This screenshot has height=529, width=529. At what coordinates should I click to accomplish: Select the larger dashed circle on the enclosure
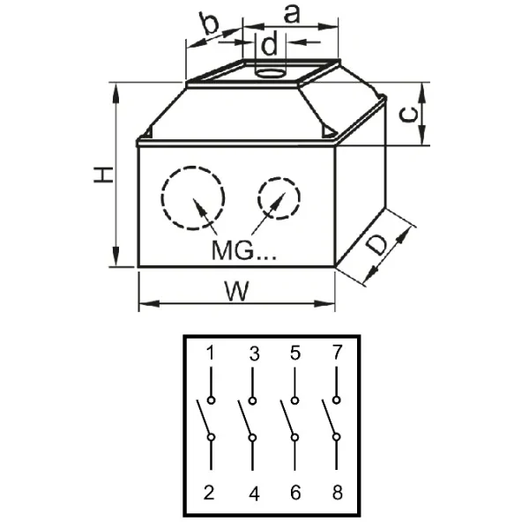(193, 198)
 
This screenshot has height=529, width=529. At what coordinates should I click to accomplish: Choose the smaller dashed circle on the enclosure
(278, 201)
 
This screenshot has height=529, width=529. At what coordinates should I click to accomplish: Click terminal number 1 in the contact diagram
(211, 354)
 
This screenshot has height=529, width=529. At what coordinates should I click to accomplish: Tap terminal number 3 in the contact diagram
(254, 354)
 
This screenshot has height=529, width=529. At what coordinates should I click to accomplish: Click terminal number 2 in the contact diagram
(210, 494)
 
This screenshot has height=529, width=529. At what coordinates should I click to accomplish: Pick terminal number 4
(254, 494)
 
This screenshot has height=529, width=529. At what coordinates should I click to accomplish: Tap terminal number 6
(295, 494)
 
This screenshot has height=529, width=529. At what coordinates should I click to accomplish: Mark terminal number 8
(336, 494)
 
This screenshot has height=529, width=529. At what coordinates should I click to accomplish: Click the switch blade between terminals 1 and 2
(204, 418)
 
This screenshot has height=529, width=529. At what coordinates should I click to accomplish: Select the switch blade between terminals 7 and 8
(330, 418)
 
